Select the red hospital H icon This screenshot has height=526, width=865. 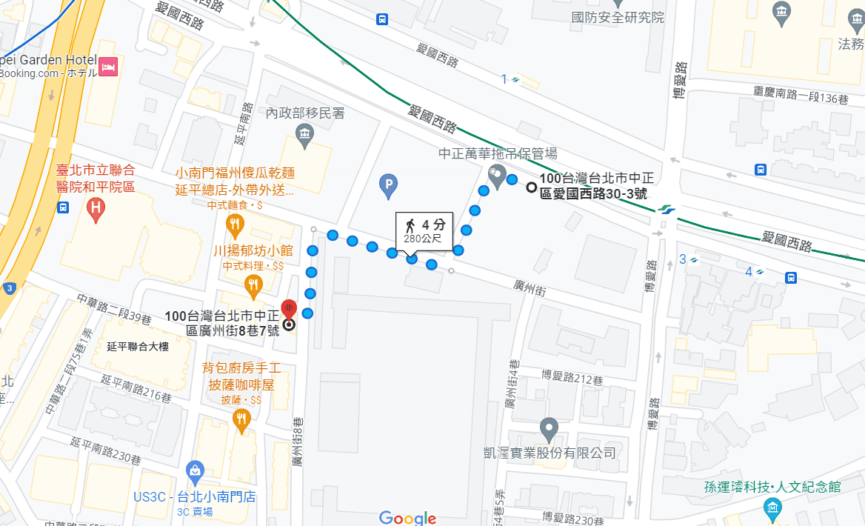point(95,210)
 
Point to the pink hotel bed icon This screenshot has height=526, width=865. point(109,67)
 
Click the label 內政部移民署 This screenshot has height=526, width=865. point(305,113)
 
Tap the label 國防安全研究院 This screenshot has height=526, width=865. point(618,17)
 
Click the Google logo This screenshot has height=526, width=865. point(407,517)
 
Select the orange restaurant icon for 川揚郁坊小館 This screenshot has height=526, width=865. point(253,284)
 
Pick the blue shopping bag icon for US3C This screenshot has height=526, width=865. point(195,470)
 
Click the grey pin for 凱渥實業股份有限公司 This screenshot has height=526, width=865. point(549,428)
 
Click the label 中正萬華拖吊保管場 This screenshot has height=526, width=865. point(498,153)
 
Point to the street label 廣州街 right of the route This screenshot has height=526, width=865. point(529,289)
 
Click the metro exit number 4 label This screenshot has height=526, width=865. point(749,272)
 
